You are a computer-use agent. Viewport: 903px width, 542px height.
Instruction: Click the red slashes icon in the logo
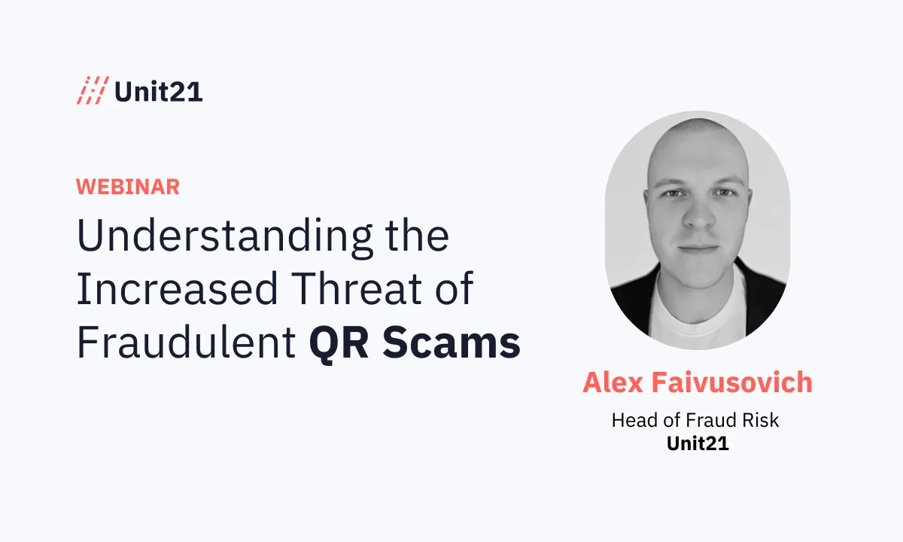point(93,91)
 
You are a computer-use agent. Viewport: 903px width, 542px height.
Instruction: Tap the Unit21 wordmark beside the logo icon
point(159,92)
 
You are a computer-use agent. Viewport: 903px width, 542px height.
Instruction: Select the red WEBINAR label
point(128,187)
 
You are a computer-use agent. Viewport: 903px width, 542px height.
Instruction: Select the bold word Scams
point(451,343)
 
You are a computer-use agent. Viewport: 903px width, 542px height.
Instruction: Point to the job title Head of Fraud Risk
point(695,420)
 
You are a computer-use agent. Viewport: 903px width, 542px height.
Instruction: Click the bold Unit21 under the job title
point(698,443)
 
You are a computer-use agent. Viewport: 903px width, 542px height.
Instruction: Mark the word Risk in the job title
point(760,420)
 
